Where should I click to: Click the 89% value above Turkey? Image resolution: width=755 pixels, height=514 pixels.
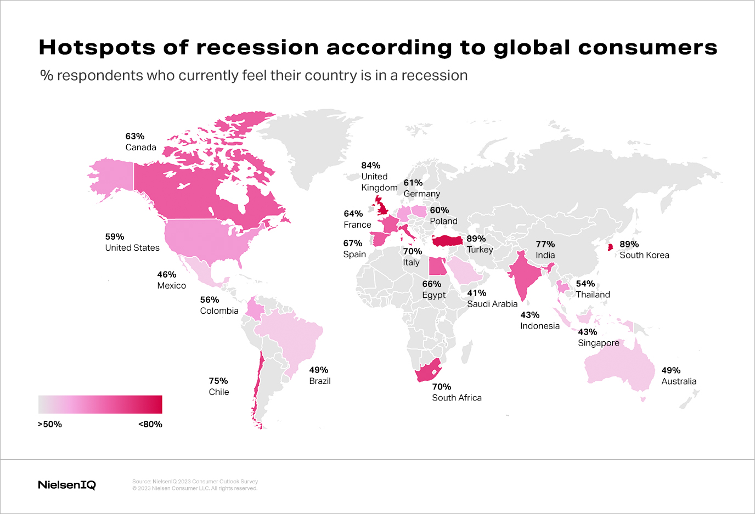(x=476, y=239)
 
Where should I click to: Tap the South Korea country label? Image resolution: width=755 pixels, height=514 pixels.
(x=644, y=255)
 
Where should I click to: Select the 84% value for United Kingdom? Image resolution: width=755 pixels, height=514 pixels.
(x=370, y=166)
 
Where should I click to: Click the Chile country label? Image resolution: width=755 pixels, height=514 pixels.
(x=218, y=392)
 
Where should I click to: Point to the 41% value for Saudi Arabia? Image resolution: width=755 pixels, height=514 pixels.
(x=476, y=293)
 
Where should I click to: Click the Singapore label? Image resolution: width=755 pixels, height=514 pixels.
(x=598, y=343)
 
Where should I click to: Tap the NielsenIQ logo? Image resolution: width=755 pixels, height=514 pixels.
(x=67, y=485)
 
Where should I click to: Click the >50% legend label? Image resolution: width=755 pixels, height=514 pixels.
(x=49, y=425)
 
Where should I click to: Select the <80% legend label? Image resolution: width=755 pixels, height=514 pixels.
(x=150, y=425)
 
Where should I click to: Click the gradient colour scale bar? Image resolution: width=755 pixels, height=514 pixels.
(x=100, y=404)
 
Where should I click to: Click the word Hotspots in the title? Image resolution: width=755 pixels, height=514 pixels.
(x=97, y=48)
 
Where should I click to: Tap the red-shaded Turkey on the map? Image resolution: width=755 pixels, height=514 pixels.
(x=447, y=241)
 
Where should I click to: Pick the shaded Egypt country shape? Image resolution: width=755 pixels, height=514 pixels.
(x=437, y=267)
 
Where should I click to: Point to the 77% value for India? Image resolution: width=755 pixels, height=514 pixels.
(x=545, y=244)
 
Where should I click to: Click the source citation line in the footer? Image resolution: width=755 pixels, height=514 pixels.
(x=195, y=482)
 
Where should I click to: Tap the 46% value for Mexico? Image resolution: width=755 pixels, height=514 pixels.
(x=166, y=275)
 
